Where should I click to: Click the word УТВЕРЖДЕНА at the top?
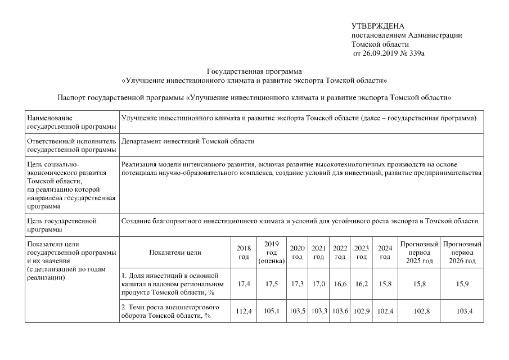[377, 26]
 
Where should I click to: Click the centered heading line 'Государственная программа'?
[254, 71]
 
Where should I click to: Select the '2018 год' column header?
[244, 253]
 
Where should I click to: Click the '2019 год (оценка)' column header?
[272, 253]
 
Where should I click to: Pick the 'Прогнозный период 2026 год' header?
[462, 253]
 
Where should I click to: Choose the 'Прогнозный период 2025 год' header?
[419, 253]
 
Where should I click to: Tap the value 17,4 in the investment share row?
[244, 284]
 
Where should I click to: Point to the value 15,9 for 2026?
[462, 284]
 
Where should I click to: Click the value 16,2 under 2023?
[362, 284]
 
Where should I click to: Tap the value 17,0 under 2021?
[318, 284]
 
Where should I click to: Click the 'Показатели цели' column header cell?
[175, 253]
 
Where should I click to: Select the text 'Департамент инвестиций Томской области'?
[188, 141]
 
